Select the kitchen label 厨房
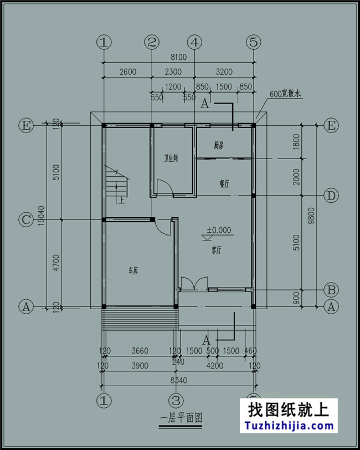218,146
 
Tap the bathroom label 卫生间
171,158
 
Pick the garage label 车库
134,271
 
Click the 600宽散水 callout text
285,95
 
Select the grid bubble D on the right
331,196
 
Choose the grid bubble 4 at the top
194,42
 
